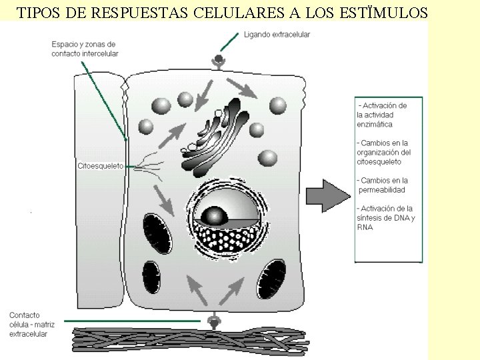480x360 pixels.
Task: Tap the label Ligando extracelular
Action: (277, 35)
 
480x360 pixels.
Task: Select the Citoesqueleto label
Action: (101, 166)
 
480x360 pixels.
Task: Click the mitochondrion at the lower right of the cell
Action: (271, 279)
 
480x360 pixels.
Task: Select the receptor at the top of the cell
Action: (218, 61)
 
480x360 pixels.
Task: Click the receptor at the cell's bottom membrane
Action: (214, 322)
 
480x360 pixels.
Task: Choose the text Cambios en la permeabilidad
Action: (383, 185)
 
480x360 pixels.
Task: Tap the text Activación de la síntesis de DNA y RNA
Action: (385, 218)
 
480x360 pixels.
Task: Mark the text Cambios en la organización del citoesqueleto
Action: (383, 152)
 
